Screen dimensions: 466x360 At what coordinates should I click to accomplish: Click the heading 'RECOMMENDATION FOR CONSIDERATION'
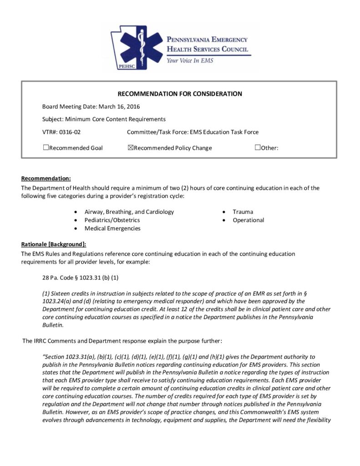pyautogui.click(x=180, y=94)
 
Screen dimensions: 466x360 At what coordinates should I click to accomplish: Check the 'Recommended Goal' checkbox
pyautogui.click(x=46, y=147)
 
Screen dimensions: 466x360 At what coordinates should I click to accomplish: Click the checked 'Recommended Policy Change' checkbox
pyautogui.click(x=131, y=147)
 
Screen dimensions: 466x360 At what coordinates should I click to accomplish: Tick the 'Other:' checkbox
pyautogui.click(x=258, y=147)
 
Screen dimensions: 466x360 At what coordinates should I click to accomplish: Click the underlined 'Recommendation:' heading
pyautogui.click(x=46, y=178)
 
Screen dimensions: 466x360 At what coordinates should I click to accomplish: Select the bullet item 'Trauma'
pyautogui.click(x=243, y=212)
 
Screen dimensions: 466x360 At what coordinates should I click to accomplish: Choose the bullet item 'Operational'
pyautogui.click(x=248, y=220)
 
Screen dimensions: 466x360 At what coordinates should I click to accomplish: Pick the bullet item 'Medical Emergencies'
pyautogui.click(x=112, y=228)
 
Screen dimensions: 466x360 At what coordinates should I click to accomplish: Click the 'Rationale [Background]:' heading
pyautogui.click(x=54, y=244)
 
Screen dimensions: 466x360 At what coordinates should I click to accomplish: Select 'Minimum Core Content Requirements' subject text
pyautogui.click(x=115, y=119)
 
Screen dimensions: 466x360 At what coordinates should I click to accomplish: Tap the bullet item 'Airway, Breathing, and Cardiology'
pyautogui.click(x=129, y=212)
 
